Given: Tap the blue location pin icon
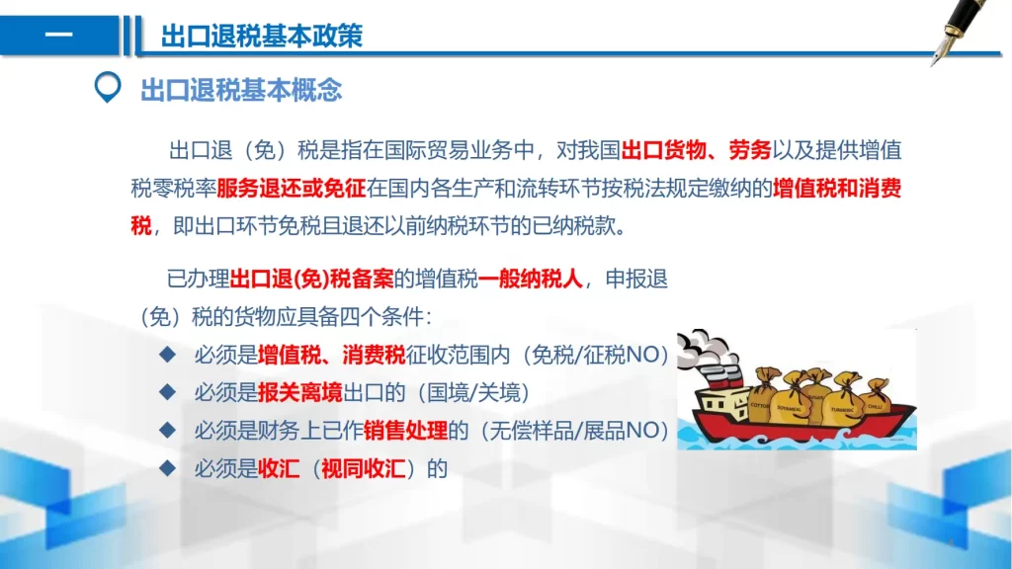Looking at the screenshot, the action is tap(107, 87).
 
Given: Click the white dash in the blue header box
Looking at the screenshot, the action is tap(58, 35).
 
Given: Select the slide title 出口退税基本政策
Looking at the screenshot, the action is tap(261, 36).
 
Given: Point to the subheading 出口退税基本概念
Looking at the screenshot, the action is tap(241, 90).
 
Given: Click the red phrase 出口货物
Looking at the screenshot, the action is tap(663, 150).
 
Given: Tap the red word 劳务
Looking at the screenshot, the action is tap(750, 150).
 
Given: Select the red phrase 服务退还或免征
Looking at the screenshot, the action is tap(292, 189).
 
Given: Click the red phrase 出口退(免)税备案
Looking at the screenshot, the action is tap(311, 279).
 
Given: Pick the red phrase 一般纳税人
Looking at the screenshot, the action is tap(531, 279).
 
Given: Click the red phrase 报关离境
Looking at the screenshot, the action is tap(300, 392).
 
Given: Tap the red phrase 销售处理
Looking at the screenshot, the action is tap(405, 431).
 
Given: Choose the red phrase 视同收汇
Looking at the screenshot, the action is tap(364, 468).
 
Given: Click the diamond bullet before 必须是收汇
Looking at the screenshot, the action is tap(168, 467).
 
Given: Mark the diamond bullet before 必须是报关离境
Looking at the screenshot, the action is tap(168, 391).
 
